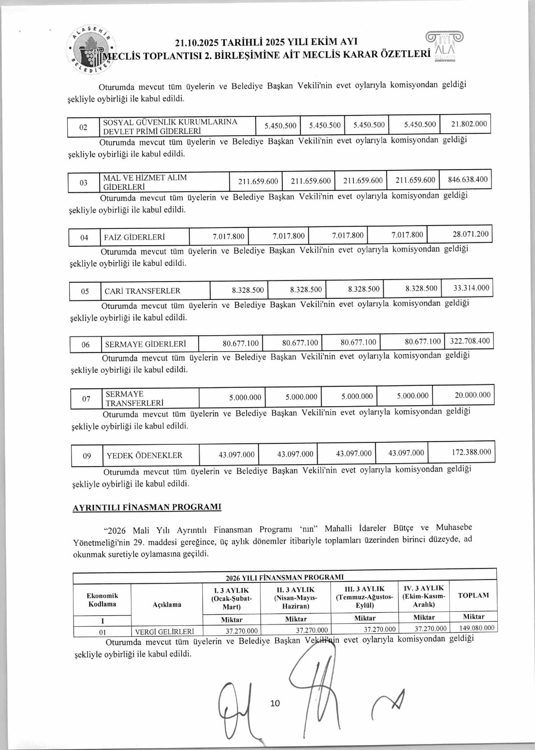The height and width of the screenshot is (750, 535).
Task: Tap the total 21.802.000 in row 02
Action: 469,124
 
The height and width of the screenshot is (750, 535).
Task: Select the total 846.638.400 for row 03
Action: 467,180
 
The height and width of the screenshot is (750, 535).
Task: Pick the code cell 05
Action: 85,291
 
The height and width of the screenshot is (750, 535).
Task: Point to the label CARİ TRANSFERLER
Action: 143,291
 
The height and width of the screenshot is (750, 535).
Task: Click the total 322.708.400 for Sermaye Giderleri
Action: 470,341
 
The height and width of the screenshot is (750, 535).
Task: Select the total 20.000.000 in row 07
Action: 472,395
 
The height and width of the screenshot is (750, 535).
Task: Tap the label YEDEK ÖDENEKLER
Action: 145,455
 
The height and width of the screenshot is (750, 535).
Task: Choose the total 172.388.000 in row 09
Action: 471,452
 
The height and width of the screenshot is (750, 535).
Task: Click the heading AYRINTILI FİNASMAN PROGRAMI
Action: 147,507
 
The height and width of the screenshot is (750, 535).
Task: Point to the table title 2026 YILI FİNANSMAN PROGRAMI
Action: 285,577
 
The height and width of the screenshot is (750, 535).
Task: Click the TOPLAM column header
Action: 473,595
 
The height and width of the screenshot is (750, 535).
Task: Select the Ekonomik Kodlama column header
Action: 102,600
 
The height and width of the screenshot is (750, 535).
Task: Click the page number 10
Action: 275,703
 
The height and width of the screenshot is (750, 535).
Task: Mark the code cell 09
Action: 87,456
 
